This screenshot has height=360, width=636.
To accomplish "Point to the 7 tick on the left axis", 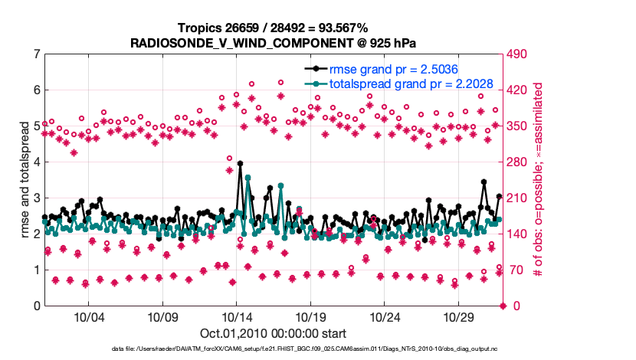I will (36, 54).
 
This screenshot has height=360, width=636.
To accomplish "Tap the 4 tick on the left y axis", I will (36, 162).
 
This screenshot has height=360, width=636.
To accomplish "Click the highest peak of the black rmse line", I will (241, 163).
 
